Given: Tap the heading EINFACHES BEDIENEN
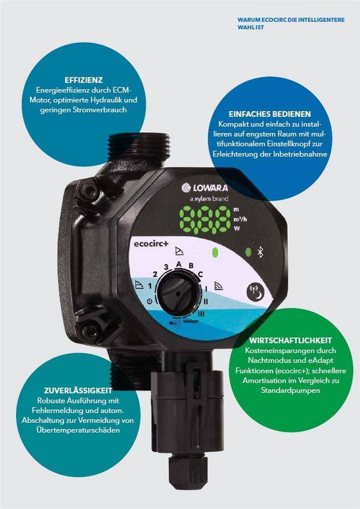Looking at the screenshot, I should (x=270, y=114).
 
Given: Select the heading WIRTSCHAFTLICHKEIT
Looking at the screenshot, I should (x=291, y=341).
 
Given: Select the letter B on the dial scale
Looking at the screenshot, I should (x=191, y=266).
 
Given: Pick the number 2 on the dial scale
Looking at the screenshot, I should (x=155, y=273).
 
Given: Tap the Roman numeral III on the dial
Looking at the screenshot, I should (x=201, y=313).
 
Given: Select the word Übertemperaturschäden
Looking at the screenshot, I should (x=78, y=430).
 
